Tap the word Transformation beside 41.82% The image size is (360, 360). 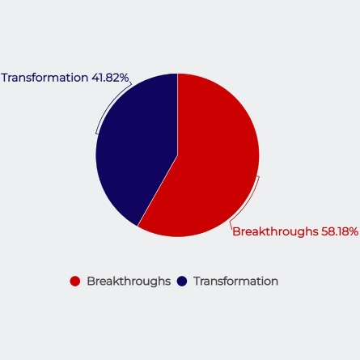44,78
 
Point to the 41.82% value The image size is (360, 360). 110,78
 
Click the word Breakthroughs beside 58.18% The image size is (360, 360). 275,231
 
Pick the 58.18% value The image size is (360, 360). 340,231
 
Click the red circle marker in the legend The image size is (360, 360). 75,282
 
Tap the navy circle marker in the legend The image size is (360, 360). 182,282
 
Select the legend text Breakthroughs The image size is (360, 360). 129,282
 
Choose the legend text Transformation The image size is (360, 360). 236,282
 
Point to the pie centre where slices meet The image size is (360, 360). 177,155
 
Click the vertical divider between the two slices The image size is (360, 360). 177,114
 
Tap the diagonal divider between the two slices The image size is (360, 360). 158,191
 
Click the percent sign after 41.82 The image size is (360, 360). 124,78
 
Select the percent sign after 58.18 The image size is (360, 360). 354,231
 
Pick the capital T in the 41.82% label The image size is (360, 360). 5,78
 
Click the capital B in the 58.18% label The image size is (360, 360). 236,231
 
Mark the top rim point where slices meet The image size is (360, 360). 177,74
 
